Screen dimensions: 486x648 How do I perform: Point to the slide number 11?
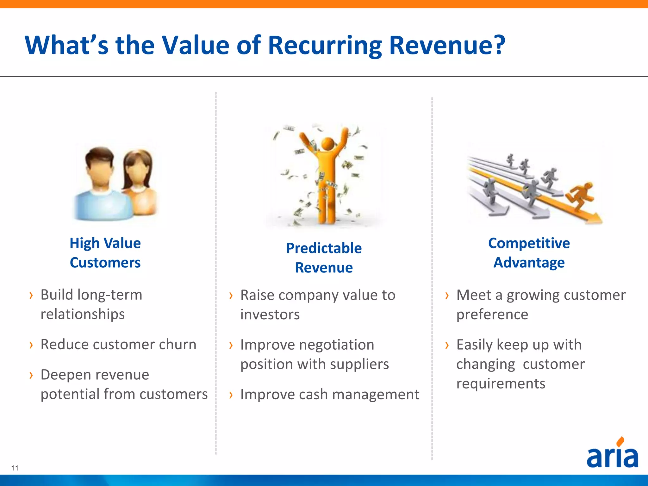(15, 468)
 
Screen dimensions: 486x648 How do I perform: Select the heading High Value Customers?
(105, 253)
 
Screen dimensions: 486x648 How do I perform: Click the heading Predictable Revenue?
(324, 258)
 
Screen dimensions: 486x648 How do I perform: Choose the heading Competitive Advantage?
(529, 253)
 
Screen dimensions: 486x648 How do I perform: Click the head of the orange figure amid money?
(327, 144)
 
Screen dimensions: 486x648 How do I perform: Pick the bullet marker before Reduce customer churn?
(31, 345)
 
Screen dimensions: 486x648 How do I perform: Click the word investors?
(270, 315)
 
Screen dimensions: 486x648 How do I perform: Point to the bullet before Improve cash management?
(231, 395)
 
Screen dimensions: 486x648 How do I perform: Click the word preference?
(492, 315)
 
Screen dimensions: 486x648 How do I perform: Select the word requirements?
(501, 383)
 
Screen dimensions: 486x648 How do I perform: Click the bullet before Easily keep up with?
(447, 345)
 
